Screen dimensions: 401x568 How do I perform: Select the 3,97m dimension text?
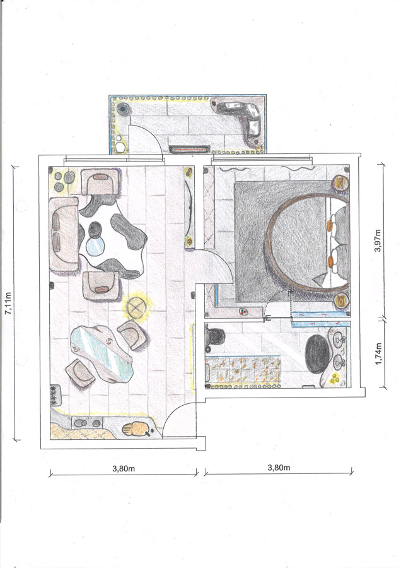pyautogui.click(x=378, y=240)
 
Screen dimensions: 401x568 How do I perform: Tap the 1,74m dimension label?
pyautogui.click(x=378, y=354)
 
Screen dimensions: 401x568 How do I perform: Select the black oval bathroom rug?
pyautogui.click(x=317, y=354)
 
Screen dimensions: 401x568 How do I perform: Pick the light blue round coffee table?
pyautogui.click(x=96, y=246)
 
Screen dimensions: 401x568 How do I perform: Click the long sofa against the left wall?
pyautogui.click(x=64, y=234)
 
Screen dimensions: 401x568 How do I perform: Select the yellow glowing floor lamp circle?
pyautogui.click(x=136, y=308)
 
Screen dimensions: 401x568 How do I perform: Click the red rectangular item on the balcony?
pyautogui.click(x=190, y=149)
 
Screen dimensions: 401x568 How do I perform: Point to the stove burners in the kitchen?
pyautogui.click(x=55, y=394)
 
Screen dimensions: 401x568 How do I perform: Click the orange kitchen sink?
pyautogui.click(x=136, y=429)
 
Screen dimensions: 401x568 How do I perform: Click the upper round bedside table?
pyautogui.click(x=340, y=182)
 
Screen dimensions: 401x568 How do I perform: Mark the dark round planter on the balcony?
pyautogui.click(x=123, y=107)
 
